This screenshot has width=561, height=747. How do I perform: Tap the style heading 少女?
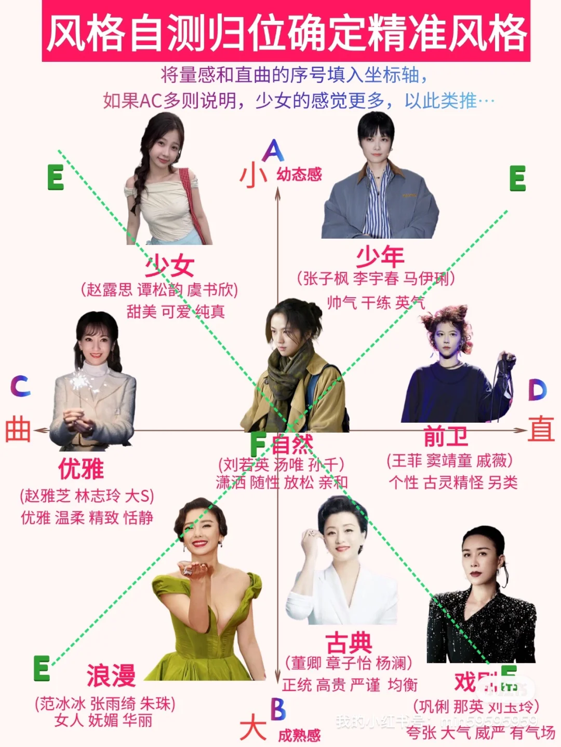pyautogui.click(x=169, y=266)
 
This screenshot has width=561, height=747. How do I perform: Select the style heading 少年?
pyautogui.click(x=380, y=256)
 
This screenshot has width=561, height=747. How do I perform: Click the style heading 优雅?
pyautogui.click(x=81, y=469)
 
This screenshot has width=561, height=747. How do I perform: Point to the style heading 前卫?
pyautogui.click(x=446, y=437)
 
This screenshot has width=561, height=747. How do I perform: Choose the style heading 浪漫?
pyautogui.click(x=111, y=675)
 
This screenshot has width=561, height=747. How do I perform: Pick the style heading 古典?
pyautogui.click(x=349, y=643)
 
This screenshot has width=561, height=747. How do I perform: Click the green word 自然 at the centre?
pyautogui.click(x=292, y=445)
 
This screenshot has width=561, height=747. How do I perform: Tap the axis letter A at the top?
pyautogui.click(x=273, y=151)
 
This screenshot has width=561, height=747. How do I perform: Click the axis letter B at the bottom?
pyautogui.click(x=278, y=709)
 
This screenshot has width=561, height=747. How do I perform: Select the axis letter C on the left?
pyautogui.click(x=20, y=386)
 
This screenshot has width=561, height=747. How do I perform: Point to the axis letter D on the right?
pyautogui.click(x=537, y=390)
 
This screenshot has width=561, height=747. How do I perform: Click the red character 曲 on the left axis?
pyautogui.click(x=18, y=431)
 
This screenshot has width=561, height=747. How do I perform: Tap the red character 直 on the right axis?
pyautogui.click(x=541, y=430)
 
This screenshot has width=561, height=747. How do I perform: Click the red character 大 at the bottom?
pyautogui.click(x=253, y=727)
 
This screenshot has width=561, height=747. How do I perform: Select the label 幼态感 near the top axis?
pyautogui.click(x=299, y=174)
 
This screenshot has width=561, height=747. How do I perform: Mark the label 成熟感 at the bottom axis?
pyautogui.click(x=299, y=735)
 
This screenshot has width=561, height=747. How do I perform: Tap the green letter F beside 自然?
pyautogui.click(x=258, y=444)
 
